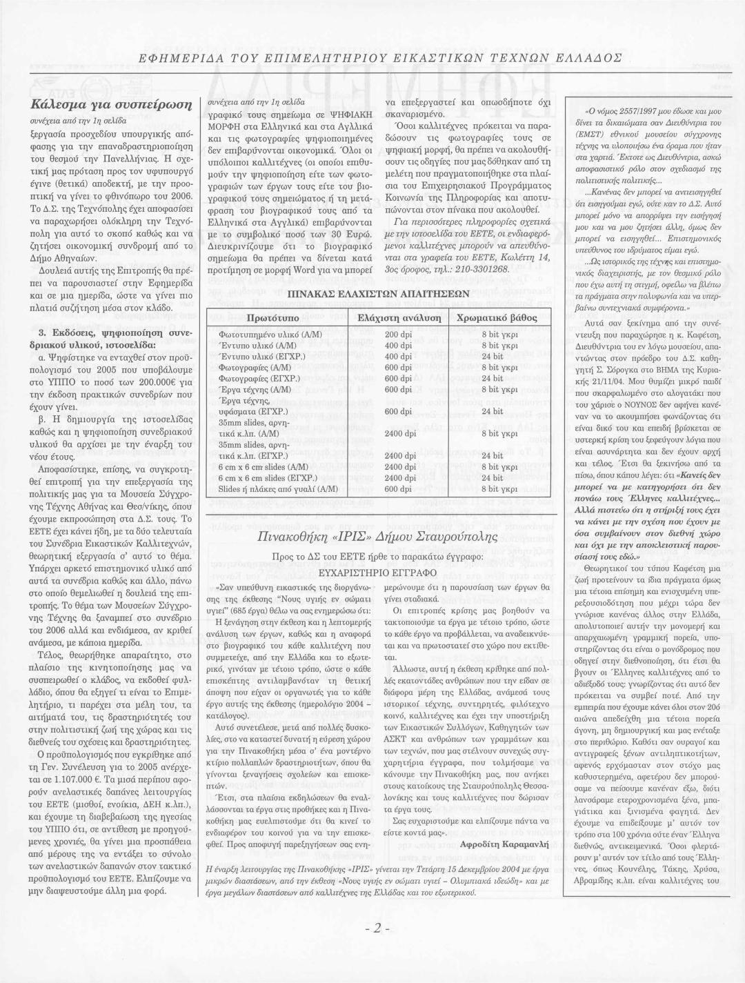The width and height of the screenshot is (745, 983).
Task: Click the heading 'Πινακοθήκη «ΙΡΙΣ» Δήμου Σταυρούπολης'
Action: click(377, 536)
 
